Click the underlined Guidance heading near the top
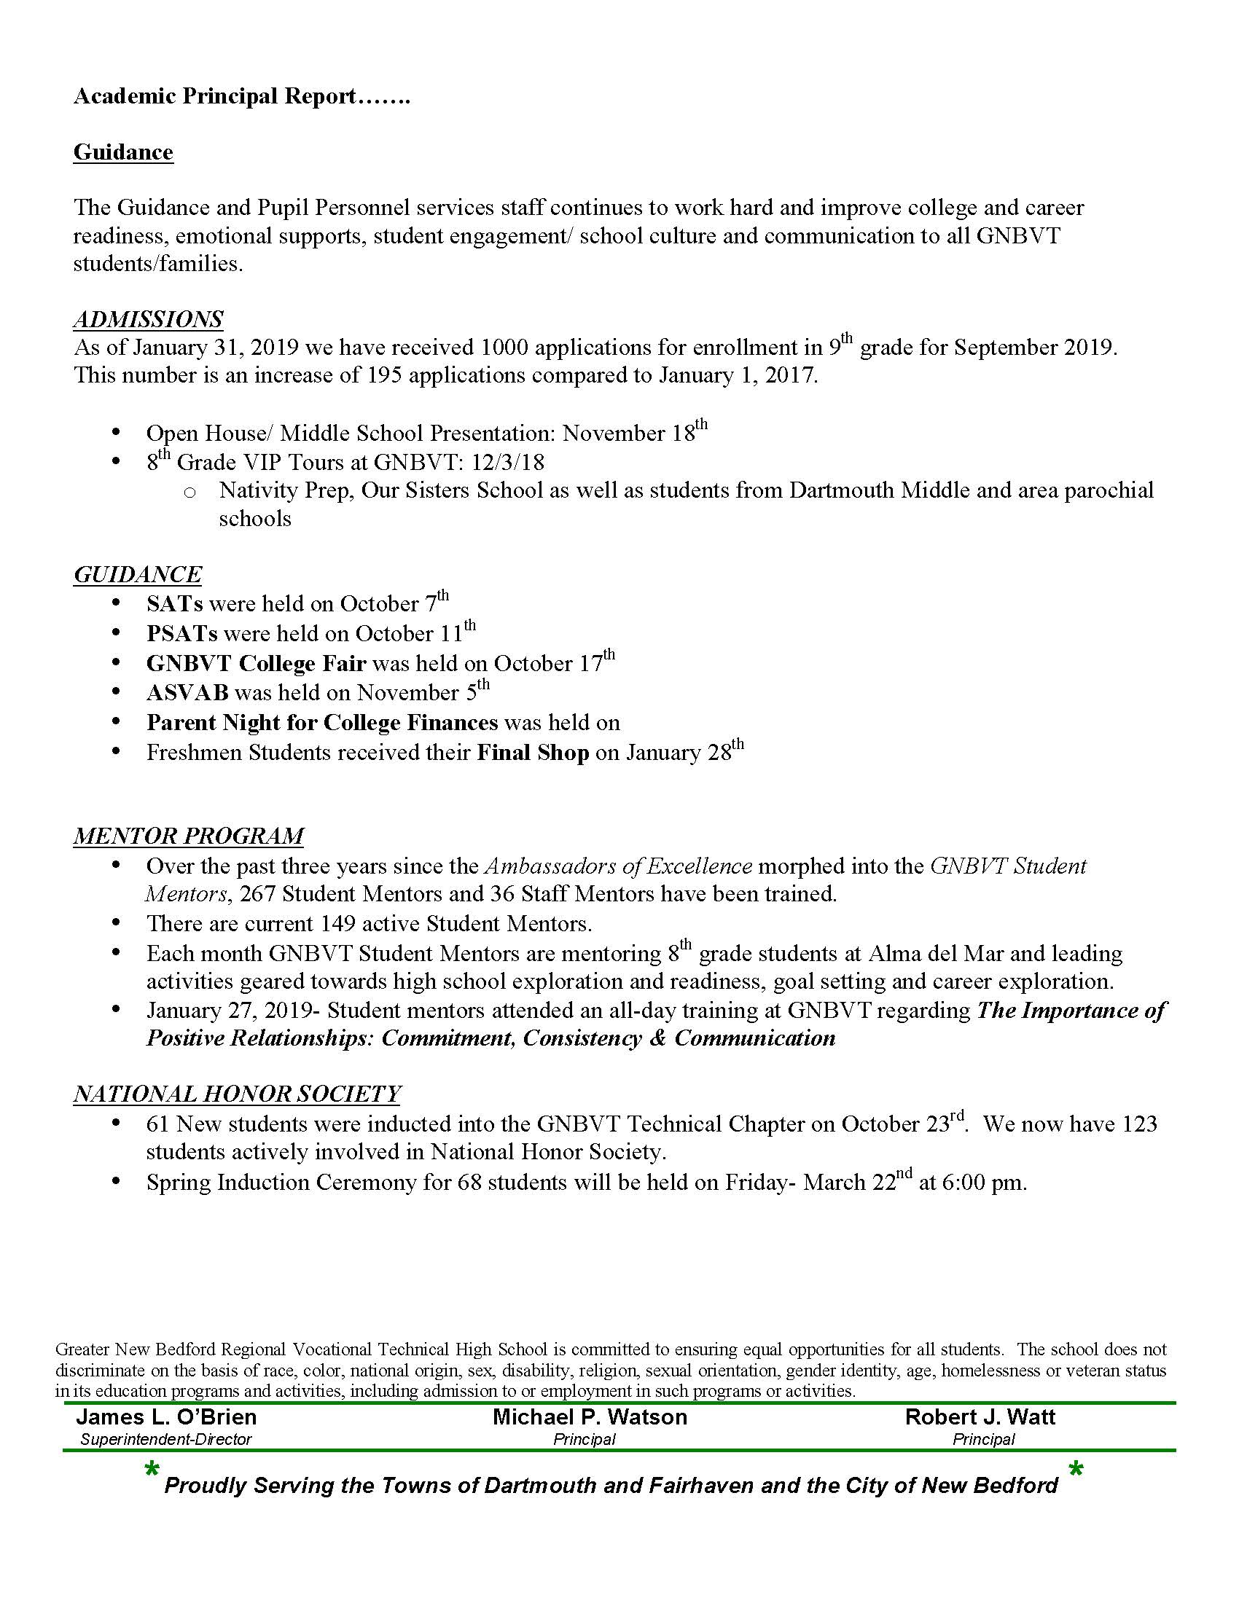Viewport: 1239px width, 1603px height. point(123,152)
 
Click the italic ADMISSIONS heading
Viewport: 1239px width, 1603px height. point(148,319)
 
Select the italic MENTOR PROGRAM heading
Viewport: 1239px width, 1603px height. point(189,836)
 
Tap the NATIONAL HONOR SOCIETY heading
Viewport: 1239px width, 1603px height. point(237,1094)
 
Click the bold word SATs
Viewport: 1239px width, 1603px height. point(175,604)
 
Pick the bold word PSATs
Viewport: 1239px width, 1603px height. point(182,633)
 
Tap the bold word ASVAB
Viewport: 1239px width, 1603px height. point(188,693)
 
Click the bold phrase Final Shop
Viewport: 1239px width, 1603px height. point(533,753)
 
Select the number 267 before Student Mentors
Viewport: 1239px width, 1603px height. point(257,894)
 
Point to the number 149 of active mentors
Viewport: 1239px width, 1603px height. point(342,923)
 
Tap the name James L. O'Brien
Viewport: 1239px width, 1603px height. point(167,1417)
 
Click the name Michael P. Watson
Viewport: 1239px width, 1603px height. point(590,1417)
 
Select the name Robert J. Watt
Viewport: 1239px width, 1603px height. point(980,1417)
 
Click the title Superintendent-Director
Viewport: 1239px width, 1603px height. point(166,1439)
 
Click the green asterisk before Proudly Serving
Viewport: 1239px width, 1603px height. point(152,1470)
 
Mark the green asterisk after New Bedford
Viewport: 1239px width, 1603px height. point(1076,1470)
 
